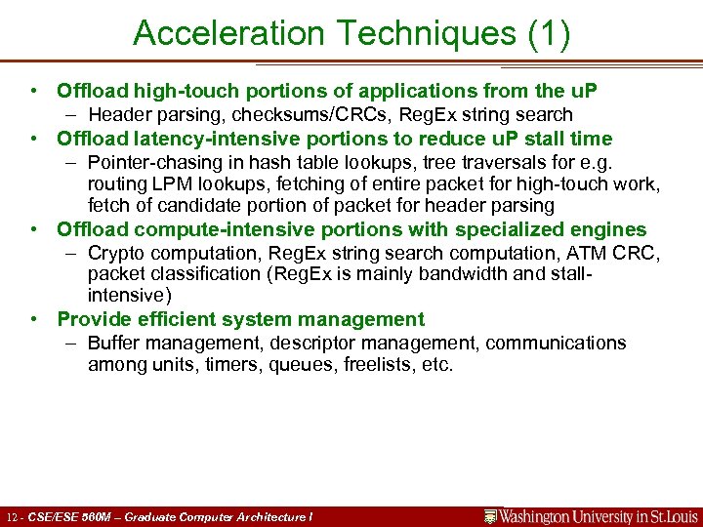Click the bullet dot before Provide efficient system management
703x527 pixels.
click(35, 319)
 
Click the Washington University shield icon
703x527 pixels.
click(492, 515)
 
